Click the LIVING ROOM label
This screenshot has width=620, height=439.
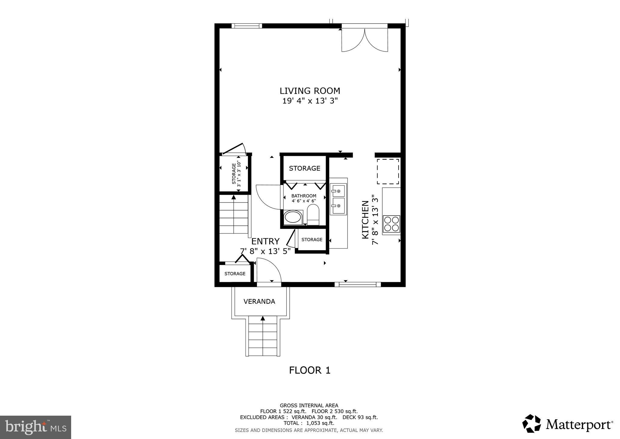point(310,91)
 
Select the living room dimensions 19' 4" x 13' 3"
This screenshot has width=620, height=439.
point(310,101)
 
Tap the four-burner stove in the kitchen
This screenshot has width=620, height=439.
point(391,224)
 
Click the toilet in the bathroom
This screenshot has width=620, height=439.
point(313,214)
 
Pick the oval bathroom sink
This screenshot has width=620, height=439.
point(293,217)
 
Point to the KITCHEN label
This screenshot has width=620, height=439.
point(365,219)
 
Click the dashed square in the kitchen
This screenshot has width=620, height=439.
point(388,171)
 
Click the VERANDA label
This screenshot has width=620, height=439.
point(259,301)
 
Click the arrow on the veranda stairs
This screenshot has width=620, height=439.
point(263,318)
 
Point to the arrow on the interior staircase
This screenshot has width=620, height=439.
point(234,197)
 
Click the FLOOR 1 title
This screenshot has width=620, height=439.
point(310,370)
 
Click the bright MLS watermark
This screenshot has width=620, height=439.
point(35,427)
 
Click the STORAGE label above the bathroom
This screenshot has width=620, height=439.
point(305,168)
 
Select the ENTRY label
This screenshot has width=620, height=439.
point(265,241)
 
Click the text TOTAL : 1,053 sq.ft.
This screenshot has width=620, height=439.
point(309,423)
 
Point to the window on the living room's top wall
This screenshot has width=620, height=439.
point(247,26)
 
